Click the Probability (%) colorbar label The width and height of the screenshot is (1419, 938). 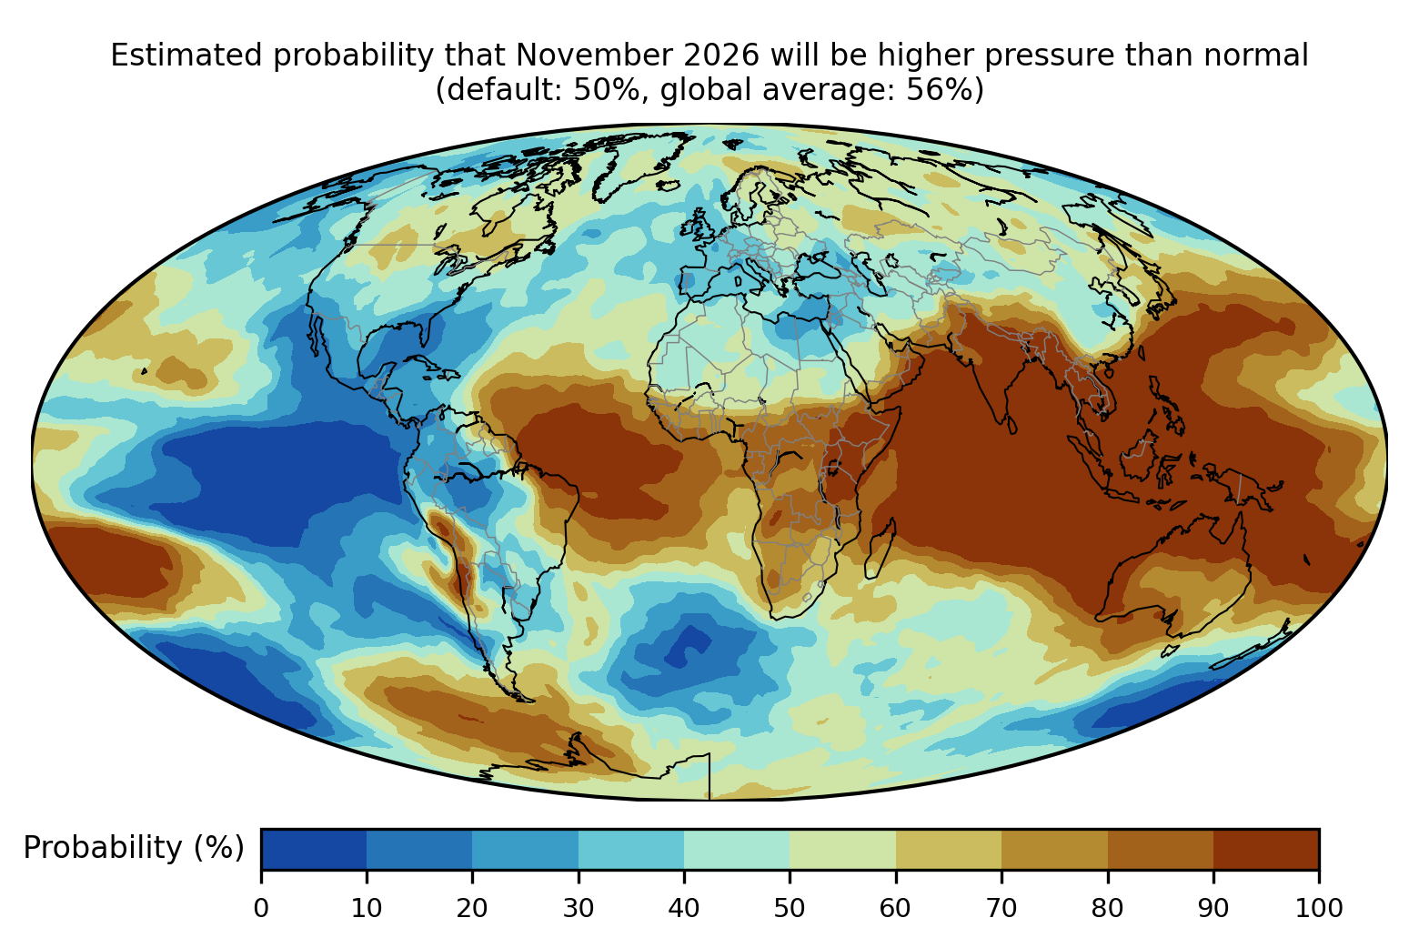click(134, 848)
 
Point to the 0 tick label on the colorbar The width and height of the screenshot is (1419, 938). click(261, 908)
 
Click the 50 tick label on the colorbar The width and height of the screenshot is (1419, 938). click(790, 908)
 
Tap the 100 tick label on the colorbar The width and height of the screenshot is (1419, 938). click(1319, 908)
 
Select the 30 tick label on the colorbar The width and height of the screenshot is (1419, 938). click(579, 908)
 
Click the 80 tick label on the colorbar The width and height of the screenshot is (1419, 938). click(1107, 908)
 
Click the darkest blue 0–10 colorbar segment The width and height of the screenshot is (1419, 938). click(314, 849)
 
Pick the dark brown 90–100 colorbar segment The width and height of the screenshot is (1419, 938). click(1266, 849)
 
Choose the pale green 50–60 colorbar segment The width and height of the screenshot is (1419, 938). click(842, 849)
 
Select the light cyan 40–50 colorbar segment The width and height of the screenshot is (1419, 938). click(737, 849)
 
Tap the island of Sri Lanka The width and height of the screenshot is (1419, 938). click(1011, 424)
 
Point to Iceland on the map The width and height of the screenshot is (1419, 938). click(669, 186)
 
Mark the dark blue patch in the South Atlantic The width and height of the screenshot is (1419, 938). click(688, 644)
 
